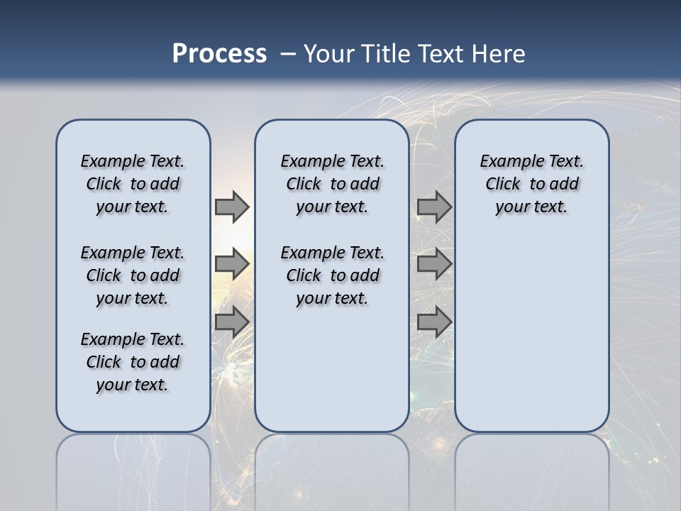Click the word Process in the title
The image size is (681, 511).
tap(219, 54)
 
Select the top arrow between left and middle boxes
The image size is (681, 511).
tap(232, 207)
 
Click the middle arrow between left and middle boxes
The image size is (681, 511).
tap(232, 264)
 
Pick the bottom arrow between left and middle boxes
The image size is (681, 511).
tap(232, 322)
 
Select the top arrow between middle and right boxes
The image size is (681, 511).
tap(434, 207)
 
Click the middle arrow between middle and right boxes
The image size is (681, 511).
tap(434, 264)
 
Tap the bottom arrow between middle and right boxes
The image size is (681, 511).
tap(434, 322)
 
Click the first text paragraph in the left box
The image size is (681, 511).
tap(133, 184)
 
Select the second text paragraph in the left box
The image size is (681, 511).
tap(133, 275)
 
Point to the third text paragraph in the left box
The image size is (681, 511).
tap(133, 362)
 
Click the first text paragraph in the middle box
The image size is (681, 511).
tap(332, 184)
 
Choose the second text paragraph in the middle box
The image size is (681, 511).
tap(332, 275)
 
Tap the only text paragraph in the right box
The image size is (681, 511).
tap(531, 184)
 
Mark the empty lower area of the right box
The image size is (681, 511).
tap(531, 334)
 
